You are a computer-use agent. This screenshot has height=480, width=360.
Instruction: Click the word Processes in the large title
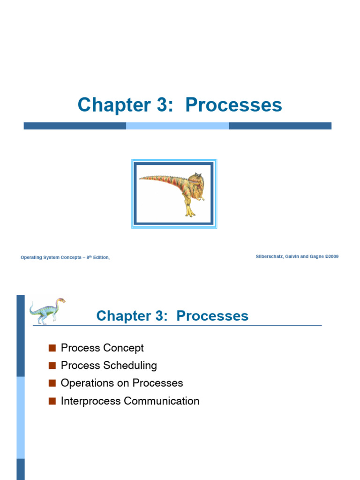(x=233, y=105)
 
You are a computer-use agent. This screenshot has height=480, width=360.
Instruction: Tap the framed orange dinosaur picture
(x=174, y=194)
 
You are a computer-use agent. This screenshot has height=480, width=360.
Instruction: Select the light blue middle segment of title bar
(x=177, y=126)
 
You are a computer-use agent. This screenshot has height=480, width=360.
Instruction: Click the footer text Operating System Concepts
(x=51, y=257)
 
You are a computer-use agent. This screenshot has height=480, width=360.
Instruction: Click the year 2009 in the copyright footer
(x=332, y=256)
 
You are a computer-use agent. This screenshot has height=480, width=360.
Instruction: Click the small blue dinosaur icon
(x=47, y=310)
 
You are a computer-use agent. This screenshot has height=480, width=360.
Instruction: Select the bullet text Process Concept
(x=102, y=348)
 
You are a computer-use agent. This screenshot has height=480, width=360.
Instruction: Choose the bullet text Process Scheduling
(x=109, y=365)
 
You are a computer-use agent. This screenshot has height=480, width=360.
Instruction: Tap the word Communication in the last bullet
(x=161, y=401)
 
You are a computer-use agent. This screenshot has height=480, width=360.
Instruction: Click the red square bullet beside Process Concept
(x=52, y=348)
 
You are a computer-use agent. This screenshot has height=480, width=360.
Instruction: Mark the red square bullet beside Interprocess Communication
(x=52, y=401)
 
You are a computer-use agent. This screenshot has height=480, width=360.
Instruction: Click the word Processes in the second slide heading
(x=212, y=316)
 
